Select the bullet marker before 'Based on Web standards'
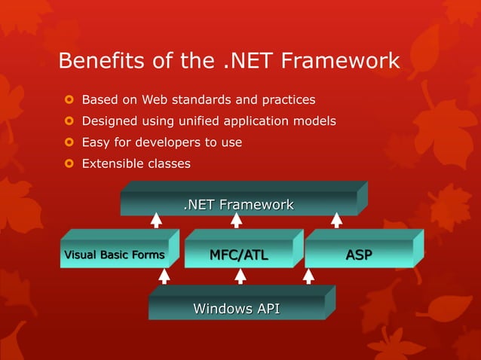[x=66, y=99]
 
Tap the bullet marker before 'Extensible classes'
[x=66, y=163]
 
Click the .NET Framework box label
[x=239, y=204]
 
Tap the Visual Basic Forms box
[x=114, y=255]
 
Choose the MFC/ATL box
[x=238, y=255]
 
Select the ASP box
[x=358, y=255]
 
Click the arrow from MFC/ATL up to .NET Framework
[x=236, y=220]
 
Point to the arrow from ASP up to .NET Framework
[x=336, y=220]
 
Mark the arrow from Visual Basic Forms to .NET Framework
[x=156, y=220]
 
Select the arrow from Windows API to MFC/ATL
[x=240, y=276]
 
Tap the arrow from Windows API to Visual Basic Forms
[x=164, y=276]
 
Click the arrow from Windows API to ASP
[x=308, y=276]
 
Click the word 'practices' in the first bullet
[x=287, y=99]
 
